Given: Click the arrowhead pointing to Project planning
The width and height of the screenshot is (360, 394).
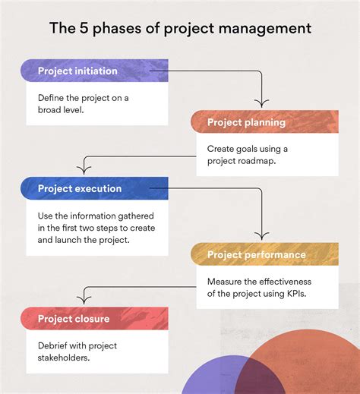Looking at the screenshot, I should point(261,103).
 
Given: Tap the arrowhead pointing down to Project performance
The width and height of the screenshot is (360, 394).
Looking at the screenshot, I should point(261,235).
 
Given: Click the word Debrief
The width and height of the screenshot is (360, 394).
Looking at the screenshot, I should point(55,346).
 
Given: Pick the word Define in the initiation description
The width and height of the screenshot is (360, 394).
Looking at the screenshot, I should point(54,98).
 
